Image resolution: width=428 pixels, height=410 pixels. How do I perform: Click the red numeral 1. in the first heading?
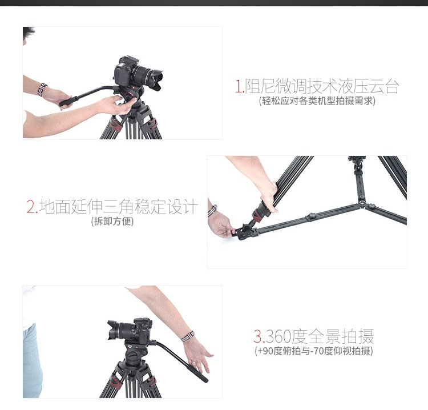(239, 86)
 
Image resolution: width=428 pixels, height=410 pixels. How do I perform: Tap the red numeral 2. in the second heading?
(32, 207)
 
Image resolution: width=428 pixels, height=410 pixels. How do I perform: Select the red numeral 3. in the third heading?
(259, 336)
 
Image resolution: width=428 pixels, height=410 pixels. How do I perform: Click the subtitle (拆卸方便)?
(112, 221)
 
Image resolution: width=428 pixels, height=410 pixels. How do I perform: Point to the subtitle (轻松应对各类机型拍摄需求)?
(317, 101)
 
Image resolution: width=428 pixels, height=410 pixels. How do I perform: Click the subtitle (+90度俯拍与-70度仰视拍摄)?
(314, 351)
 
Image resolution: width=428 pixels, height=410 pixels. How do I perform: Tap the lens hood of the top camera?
(156, 79)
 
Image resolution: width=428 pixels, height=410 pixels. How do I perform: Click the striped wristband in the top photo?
(42, 89)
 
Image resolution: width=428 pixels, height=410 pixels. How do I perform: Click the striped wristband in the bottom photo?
(188, 336)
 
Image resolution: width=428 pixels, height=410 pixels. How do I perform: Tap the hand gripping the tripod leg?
(269, 196)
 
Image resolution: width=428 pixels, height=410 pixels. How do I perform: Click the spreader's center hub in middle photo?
(362, 202)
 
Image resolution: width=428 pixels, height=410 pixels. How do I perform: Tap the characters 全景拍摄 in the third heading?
(341, 336)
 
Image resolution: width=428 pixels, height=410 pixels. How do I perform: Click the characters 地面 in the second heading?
(55, 207)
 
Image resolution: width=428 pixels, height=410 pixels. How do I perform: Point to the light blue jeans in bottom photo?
(31, 361)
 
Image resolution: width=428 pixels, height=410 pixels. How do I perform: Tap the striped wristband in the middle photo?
(212, 211)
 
